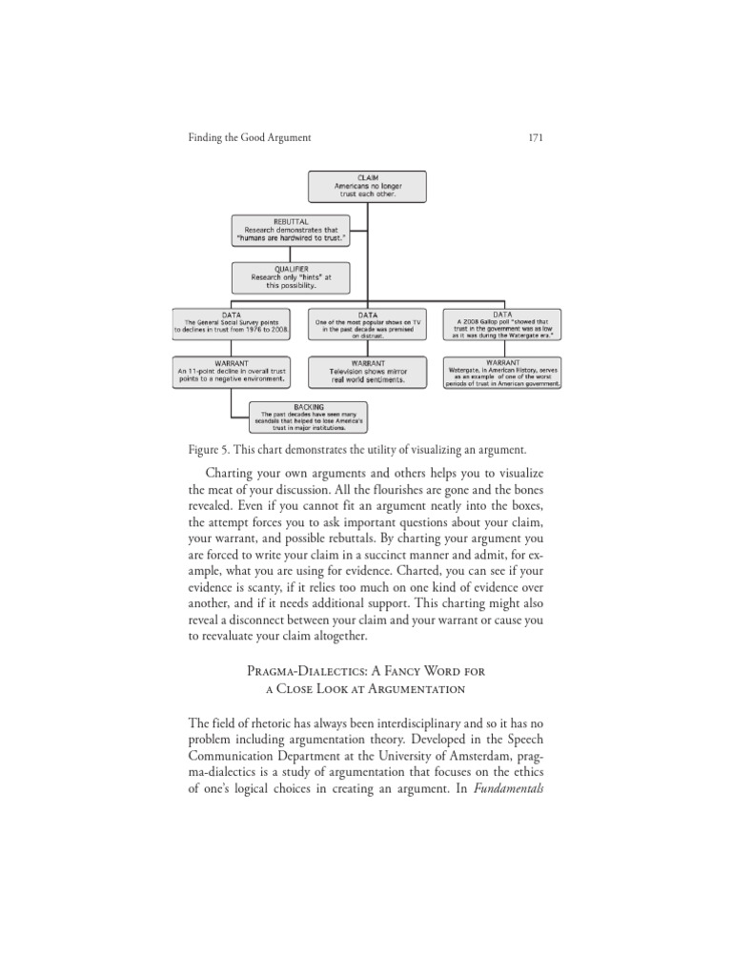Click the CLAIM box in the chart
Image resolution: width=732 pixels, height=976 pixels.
click(367, 186)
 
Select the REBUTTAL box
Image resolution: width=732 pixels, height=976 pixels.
click(291, 230)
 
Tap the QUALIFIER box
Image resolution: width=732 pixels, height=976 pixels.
click(291, 277)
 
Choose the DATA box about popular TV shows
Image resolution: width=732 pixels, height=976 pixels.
click(367, 324)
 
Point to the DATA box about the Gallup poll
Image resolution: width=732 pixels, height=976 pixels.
click(502, 324)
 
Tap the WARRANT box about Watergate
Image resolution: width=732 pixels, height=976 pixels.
click(502, 372)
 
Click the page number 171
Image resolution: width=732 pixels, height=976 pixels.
click(535, 138)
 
